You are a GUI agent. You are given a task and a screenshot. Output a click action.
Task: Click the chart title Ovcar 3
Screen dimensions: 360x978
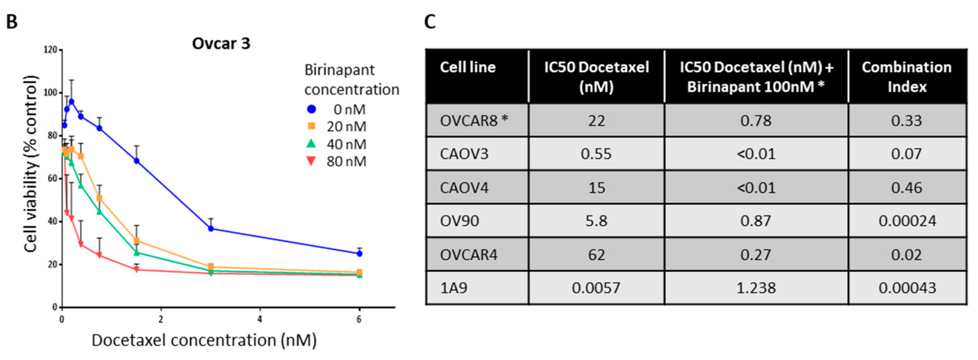pyautogui.click(x=221, y=44)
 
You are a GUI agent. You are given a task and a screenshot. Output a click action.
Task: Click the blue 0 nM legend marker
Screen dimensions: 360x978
pyautogui.click(x=311, y=109)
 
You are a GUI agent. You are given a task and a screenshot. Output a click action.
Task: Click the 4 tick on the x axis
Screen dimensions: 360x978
pyautogui.click(x=260, y=319)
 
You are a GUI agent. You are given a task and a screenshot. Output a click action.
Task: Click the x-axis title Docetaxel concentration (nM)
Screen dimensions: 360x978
pyautogui.click(x=204, y=340)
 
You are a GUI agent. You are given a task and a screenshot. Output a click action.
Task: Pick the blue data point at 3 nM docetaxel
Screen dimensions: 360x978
pyautogui.click(x=211, y=229)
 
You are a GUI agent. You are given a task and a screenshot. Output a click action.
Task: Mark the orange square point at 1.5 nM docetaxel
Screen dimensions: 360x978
pyautogui.click(x=137, y=241)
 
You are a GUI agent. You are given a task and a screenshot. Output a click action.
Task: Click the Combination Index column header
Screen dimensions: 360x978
pyautogui.click(x=907, y=77)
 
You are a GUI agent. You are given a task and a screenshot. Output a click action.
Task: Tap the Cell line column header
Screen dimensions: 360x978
pyautogui.click(x=468, y=67)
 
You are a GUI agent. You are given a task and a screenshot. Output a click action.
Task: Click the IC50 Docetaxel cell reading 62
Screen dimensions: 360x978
pyautogui.click(x=596, y=255)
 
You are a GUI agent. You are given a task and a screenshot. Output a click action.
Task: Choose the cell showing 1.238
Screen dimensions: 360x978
pyautogui.click(x=756, y=288)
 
